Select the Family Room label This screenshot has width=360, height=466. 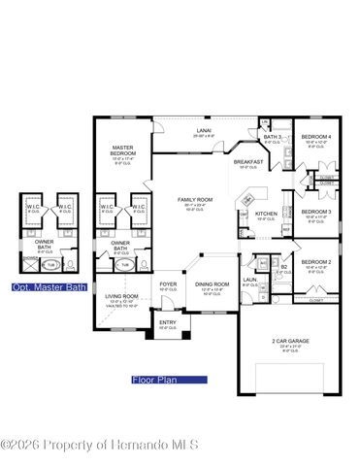(x=194, y=200)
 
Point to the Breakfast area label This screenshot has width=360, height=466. (x=248, y=162)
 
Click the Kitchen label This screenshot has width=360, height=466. (x=266, y=214)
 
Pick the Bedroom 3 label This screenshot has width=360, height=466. (x=316, y=212)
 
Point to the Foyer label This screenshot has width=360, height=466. (x=169, y=284)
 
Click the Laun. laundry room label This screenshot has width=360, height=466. (x=249, y=281)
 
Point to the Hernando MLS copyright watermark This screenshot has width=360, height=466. (x=100, y=445)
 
